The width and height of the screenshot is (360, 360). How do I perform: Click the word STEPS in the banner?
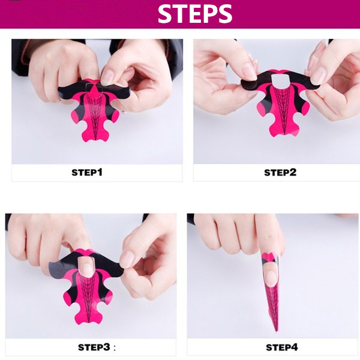click(x=195, y=14)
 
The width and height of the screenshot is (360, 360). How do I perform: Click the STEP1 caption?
click(x=87, y=172)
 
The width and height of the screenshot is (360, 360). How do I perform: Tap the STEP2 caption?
click(x=280, y=172)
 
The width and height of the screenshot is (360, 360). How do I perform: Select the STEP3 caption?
click(x=94, y=347)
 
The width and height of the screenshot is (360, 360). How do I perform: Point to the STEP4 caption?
click(x=282, y=347)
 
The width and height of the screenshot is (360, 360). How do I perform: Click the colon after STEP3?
click(x=115, y=348)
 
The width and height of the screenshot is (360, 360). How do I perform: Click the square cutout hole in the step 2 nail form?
click(x=280, y=80)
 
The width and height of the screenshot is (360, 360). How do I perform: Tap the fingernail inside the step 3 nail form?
click(x=86, y=266)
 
